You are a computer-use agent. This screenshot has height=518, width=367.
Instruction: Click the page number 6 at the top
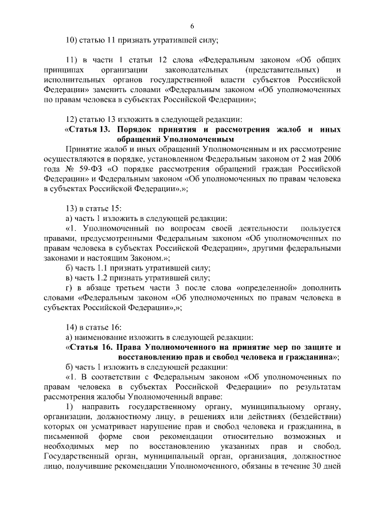tap(192, 26)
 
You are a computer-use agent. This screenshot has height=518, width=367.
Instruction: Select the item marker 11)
tap(72, 60)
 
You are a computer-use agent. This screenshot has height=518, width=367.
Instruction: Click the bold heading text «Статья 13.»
tap(88, 129)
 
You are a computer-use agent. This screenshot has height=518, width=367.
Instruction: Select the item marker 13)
tap(72, 208)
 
